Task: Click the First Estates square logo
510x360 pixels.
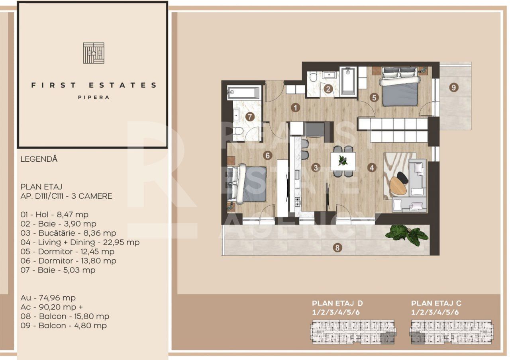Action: [94, 53]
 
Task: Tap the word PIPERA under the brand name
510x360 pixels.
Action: [94, 97]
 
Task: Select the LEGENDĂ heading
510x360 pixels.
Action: [39, 159]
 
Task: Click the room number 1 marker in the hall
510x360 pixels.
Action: [295, 107]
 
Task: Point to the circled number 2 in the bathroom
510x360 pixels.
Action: [328, 89]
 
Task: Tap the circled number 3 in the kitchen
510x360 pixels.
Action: [316, 168]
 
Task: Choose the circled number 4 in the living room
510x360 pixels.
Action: [372, 168]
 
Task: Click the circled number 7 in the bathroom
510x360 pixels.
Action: [250, 117]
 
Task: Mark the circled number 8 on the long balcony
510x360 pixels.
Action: [338, 248]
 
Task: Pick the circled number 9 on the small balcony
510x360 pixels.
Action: [455, 87]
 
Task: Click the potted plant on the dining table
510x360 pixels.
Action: [343, 160]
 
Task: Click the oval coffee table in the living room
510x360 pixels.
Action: [398, 185]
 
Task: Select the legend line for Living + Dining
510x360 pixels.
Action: [80, 242]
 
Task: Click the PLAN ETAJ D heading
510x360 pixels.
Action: [337, 303]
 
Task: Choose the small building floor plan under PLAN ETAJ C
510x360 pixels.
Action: [451, 332]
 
